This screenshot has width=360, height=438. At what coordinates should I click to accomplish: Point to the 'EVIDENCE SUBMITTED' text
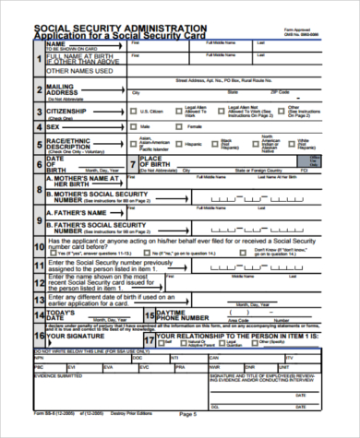[55, 375]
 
